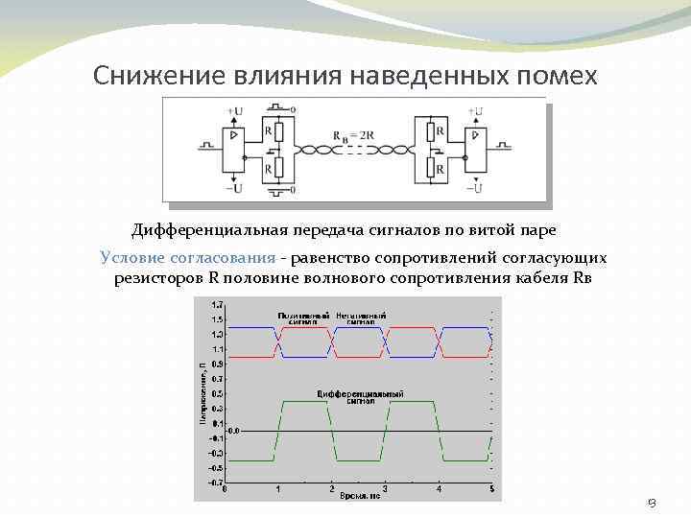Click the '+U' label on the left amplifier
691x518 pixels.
point(235,111)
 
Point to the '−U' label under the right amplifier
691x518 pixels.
point(474,188)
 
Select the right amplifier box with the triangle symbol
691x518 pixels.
point(473,150)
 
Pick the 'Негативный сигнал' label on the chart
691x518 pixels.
point(362,318)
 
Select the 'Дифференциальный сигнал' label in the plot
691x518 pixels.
point(360,396)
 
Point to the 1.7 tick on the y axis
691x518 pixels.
point(219,303)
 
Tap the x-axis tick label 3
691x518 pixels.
point(385,489)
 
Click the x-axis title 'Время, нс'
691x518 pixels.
point(360,496)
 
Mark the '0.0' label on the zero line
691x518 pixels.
point(233,432)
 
